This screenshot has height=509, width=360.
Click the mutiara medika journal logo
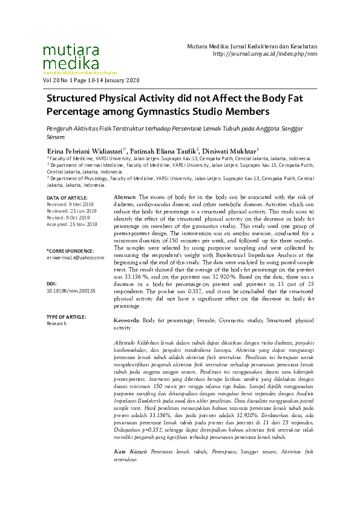[x=70, y=57]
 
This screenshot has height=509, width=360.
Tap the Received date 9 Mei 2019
[x=70, y=204]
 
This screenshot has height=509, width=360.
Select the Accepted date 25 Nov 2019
[x=71, y=224]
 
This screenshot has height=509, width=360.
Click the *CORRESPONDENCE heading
[x=70, y=250]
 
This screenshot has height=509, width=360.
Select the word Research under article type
[x=56, y=323]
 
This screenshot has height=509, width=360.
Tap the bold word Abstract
[x=125, y=198]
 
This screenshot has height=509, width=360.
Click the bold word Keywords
[x=128, y=320]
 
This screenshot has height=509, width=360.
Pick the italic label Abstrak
[x=125, y=343]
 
